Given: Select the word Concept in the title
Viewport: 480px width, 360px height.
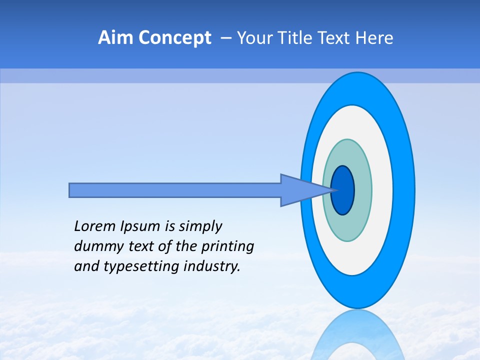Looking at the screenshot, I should tap(174, 38).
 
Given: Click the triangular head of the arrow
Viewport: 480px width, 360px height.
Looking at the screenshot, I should tap(300, 190).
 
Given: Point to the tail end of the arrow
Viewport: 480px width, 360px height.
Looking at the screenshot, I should tap(72, 190).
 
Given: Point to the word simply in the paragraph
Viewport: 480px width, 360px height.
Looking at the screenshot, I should tap(200, 227).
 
